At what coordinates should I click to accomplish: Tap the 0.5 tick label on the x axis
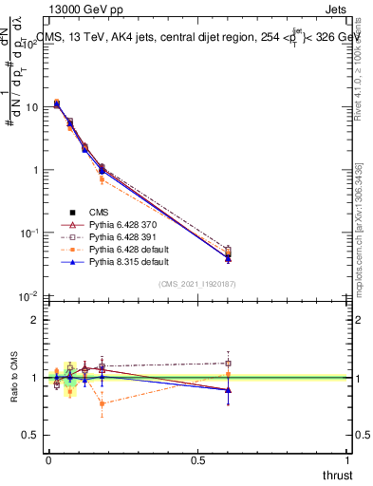point(197,458)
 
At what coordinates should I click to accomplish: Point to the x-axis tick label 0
point(48,458)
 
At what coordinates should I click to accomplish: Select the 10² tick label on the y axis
point(30,45)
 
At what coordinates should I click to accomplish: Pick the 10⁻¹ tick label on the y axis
point(30,234)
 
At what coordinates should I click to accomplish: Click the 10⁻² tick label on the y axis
point(30,296)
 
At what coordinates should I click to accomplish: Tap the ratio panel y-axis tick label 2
point(35,320)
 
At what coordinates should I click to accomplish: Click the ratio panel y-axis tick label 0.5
point(31,435)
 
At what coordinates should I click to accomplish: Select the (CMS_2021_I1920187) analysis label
point(197,284)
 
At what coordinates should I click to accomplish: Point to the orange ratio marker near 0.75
point(103,403)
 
